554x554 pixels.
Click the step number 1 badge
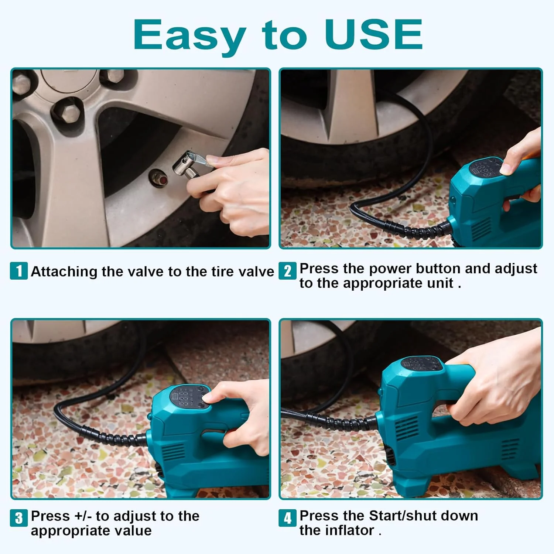[19, 271]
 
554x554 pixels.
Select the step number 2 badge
[287, 271]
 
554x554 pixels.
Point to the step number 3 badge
[19, 518]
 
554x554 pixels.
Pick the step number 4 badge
[287, 518]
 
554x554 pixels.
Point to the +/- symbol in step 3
[83, 516]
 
